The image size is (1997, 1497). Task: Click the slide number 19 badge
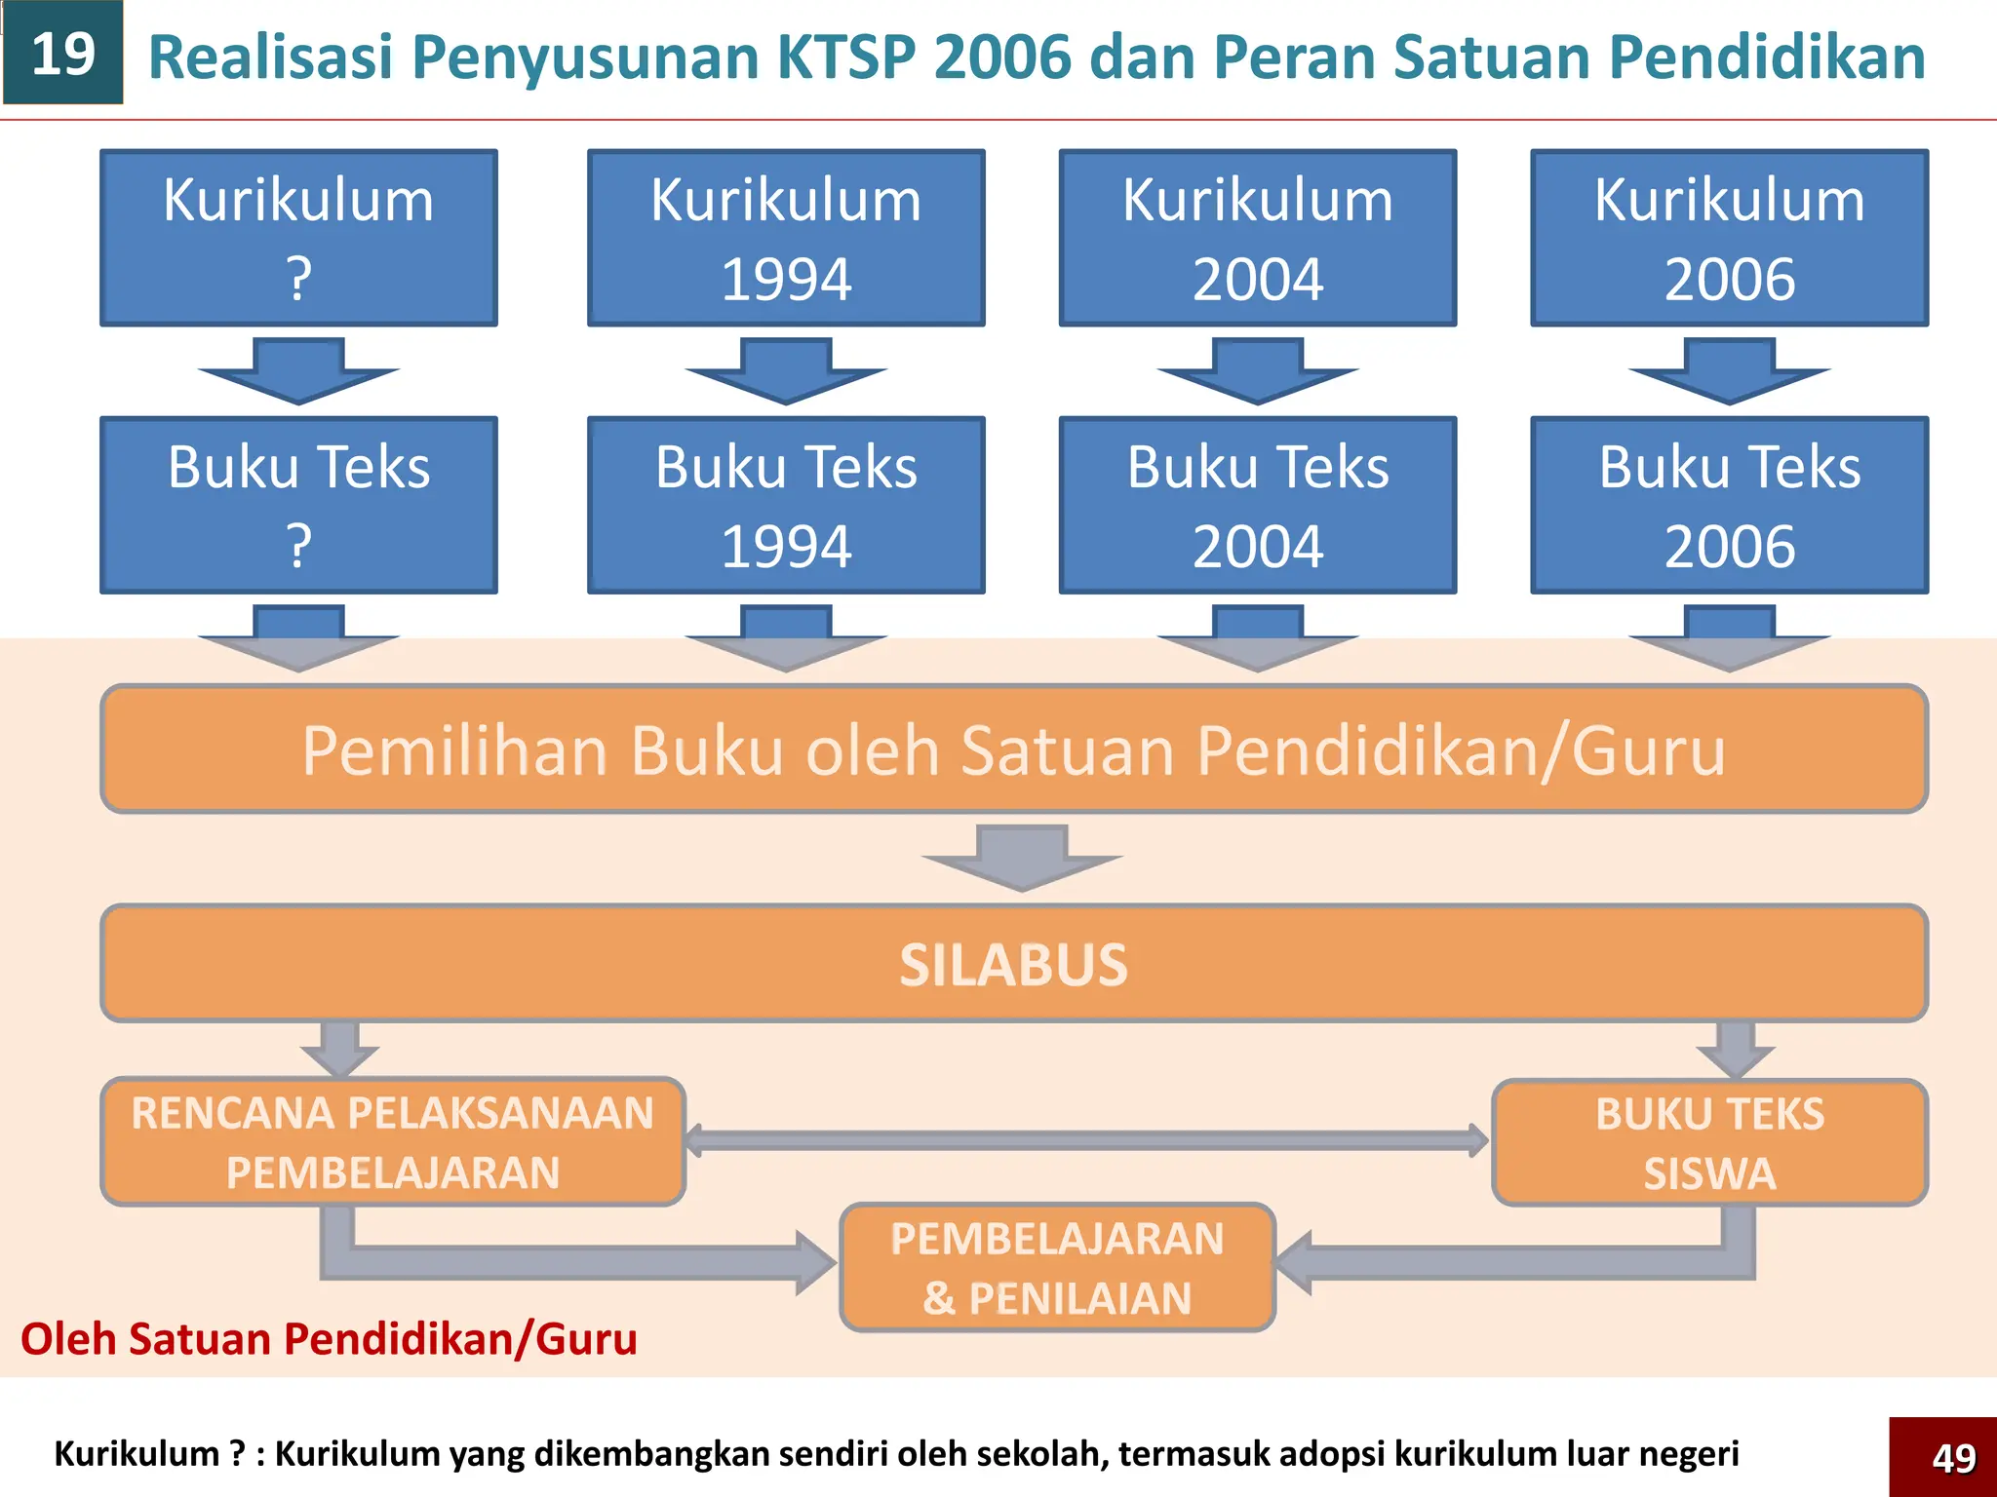pyautogui.click(x=63, y=54)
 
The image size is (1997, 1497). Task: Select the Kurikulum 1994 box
pyautogui.click(x=786, y=238)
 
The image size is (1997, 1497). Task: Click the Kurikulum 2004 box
pyautogui.click(x=1258, y=238)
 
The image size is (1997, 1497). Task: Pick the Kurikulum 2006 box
pyautogui.click(x=1729, y=238)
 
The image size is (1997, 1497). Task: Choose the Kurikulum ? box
pyautogui.click(x=298, y=238)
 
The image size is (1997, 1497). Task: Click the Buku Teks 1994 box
pyautogui.click(x=786, y=505)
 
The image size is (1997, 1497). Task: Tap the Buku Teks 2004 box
pyautogui.click(x=1258, y=505)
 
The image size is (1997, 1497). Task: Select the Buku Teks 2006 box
pyautogui.click(x=1729, y=505)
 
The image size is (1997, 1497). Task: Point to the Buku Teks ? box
pyautogui.click(x=298, y=505)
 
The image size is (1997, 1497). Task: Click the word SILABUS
pyautogui.click(x=1013, y=965)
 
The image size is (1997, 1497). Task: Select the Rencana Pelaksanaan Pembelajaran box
pyautogui.click(x=393, y=1141)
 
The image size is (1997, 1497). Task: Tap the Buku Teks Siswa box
pyautogui.click(x=1709, y=1142)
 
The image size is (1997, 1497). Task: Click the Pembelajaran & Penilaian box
pyautogui.click(x=1057, y=1267)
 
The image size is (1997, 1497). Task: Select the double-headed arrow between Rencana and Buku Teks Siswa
pyautogui.click(x=1087, y=1140)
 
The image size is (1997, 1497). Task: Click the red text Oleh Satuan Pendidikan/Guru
pyautogui.click(x=329, y=1339)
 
